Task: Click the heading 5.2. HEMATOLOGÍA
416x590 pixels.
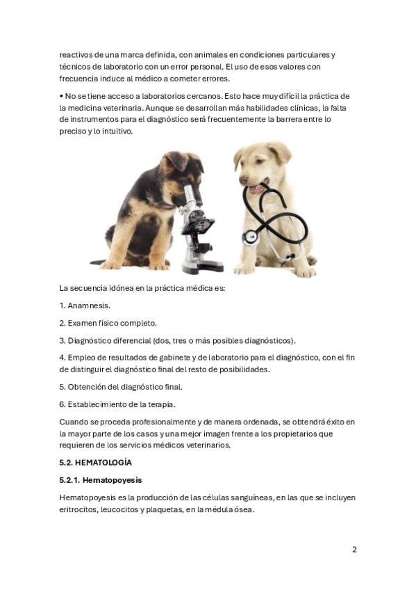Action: pos(95,463)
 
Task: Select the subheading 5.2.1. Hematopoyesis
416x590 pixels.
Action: pos(101,480)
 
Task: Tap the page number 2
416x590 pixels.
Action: pos(354,550)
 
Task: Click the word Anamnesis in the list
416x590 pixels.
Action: pos(89,305)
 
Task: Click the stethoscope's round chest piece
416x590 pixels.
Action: pos(250,237)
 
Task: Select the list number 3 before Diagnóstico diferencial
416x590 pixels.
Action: pos(62,341)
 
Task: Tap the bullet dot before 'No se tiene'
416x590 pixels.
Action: pos(61,96)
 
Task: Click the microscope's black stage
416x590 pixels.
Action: pos(198,225)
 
